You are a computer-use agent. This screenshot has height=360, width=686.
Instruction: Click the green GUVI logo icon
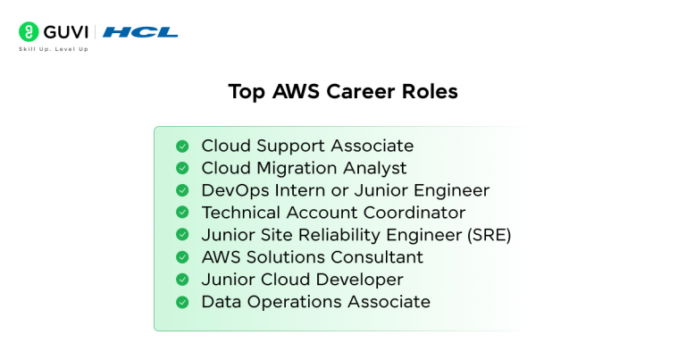(x=29, y=31)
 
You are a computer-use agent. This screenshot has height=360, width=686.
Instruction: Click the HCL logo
(x=139, y=32)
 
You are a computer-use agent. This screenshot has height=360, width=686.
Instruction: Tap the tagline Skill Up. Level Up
(x=54, y=49)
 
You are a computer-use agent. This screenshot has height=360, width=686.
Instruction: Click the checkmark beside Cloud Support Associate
(x=182, y=146)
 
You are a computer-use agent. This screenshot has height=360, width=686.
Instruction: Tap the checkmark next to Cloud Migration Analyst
(x=182, y=168)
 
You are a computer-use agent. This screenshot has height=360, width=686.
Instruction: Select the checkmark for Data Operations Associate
(x=182, y=302)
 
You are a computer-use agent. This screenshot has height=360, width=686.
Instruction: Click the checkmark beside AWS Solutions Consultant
(x=182, y=257)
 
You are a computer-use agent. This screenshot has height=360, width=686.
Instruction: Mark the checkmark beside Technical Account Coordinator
(x=182, y=213)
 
